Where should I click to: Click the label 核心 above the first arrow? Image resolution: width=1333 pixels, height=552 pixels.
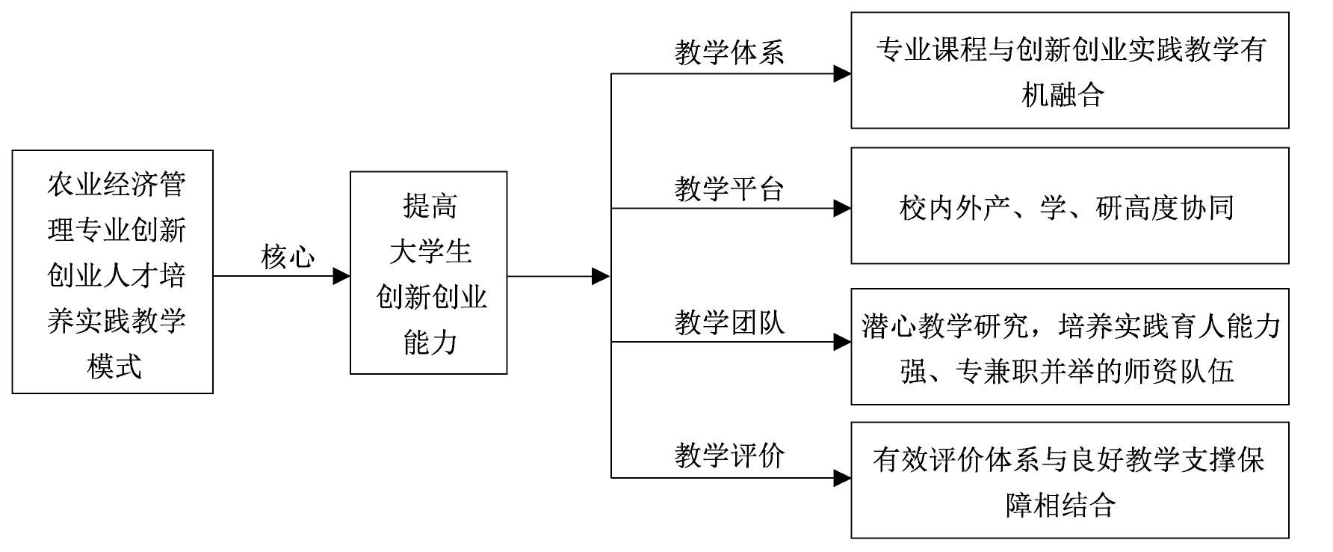point(288,257)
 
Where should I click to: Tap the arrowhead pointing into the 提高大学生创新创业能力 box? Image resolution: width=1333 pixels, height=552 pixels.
point(341,276)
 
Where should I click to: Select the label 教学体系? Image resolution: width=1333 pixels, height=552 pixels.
point(729,53)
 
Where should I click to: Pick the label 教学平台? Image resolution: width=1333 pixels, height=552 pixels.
point(729,188)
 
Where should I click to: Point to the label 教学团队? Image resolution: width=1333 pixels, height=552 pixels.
point(729,322)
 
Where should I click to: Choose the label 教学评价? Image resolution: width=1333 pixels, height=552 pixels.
point(729,455)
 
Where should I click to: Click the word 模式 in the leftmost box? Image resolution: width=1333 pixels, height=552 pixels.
point(114,367)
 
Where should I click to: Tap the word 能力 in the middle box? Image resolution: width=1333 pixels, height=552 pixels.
point(430,343)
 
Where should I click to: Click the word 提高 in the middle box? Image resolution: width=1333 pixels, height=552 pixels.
point(430,206)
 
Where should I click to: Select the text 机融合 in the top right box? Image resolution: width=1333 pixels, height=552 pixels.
point(1062,95)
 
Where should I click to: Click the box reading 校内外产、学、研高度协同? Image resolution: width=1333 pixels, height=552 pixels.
point(1069,206)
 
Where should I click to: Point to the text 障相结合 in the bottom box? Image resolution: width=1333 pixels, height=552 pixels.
point(1060,505)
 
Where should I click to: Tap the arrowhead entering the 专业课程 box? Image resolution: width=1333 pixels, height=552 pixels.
point(842,73)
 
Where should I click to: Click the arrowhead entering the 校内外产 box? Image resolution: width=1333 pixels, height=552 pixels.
point(842,209)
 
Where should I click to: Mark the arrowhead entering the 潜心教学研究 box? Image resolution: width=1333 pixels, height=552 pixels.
point(842,343)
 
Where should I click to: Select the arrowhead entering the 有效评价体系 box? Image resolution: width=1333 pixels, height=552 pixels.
point(842,478)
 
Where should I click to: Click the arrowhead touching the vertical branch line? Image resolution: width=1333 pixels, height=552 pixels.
point(601,276)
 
